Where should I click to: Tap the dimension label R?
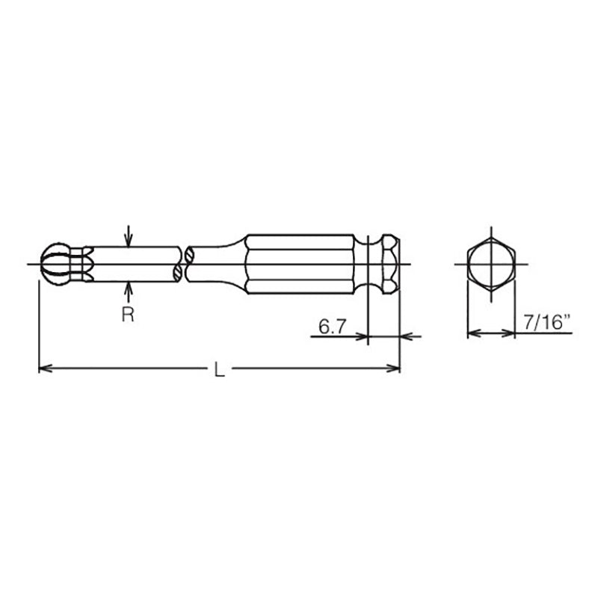pos(128,314)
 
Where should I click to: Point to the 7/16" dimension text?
pos(546,323)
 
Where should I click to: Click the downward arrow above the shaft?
pos(129,239)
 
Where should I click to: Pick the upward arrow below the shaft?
pos(129,289)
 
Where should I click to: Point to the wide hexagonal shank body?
pos(306,264)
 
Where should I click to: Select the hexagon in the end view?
pos(490,264)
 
